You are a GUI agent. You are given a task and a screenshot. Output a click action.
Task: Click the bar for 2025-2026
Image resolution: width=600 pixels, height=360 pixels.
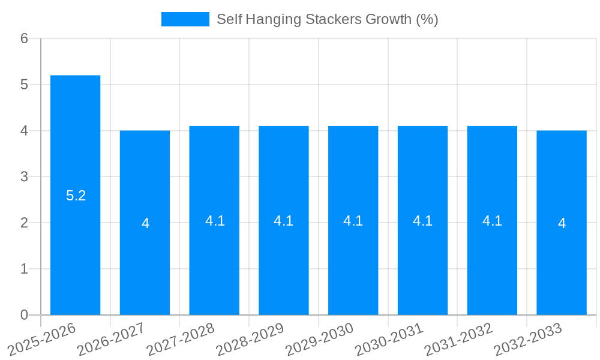click(75, 195)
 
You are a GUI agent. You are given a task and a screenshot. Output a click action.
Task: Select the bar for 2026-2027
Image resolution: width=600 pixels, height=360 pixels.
click(145, 223)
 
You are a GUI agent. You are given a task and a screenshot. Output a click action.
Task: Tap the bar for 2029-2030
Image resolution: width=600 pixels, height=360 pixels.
click(353, 220)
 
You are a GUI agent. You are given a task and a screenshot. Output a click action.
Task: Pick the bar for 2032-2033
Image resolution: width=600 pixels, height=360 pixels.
click(562, 223)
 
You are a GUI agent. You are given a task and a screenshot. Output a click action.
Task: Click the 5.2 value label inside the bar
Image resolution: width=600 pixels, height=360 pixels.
click(76, 196)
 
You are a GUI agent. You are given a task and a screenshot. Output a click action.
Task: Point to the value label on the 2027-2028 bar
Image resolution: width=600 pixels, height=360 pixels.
click(215, 221)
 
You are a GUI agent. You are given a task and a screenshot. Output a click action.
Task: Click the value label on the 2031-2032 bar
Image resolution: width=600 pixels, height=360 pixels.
click(492, 221)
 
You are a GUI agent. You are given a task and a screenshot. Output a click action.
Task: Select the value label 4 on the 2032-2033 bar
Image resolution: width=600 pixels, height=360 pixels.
click(562, 223)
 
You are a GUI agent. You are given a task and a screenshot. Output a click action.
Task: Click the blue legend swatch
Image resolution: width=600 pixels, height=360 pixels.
click(185, 19)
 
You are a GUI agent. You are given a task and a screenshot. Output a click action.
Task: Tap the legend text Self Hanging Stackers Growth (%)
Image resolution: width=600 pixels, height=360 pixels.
click(327, 19)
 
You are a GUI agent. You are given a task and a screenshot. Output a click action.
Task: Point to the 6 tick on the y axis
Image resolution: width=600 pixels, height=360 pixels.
click(24, 38)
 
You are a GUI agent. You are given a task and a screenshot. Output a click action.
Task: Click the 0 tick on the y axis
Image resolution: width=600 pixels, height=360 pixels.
click(24, 315)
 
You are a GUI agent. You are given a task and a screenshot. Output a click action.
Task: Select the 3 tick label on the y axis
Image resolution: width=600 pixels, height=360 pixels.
click(24, 177)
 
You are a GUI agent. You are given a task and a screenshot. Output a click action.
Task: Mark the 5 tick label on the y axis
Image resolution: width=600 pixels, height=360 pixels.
click(24, 85)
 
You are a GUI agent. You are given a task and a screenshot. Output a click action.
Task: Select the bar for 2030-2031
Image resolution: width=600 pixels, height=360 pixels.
click(422, 220)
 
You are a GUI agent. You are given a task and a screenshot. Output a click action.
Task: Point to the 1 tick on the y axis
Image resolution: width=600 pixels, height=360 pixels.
click(24, 269)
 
